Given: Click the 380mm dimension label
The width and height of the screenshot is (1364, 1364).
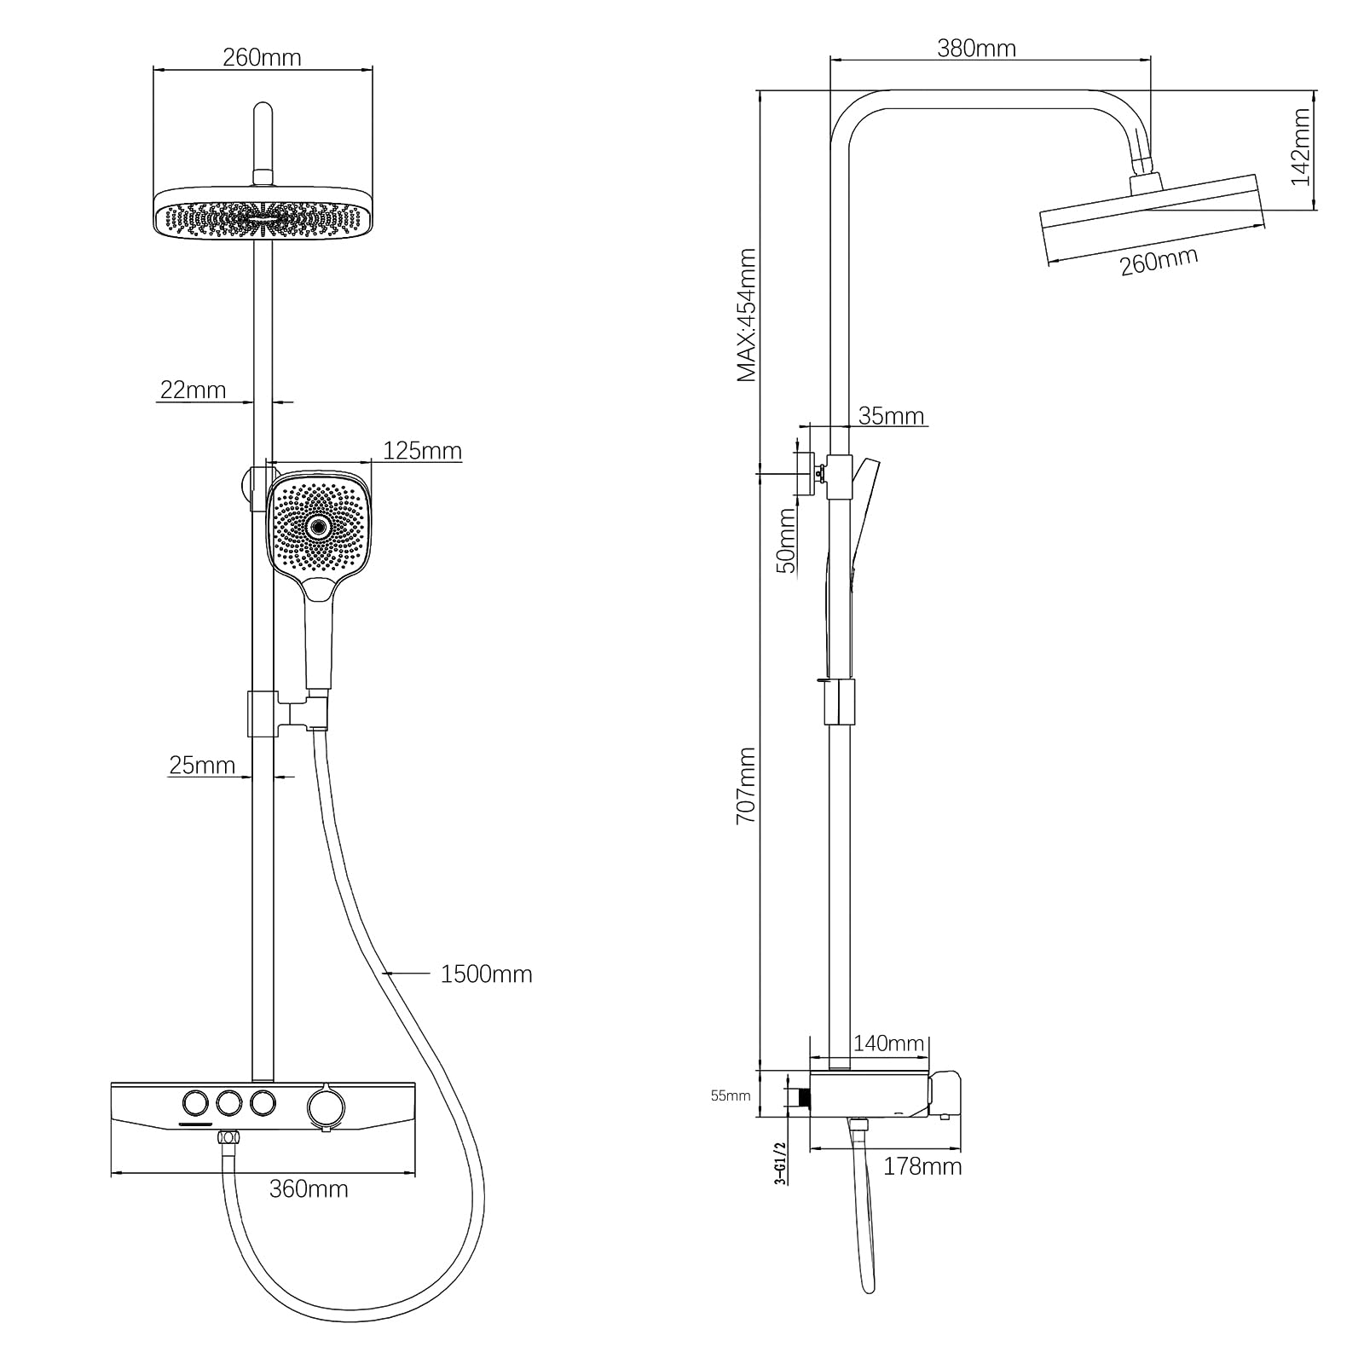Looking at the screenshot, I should click(976, 49).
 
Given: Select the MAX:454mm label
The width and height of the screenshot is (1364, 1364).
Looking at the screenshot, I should click(746, 315).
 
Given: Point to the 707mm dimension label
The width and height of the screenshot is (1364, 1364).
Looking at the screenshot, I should click(746, 784).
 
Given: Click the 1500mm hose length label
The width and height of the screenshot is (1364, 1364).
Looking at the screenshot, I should click(486, 974).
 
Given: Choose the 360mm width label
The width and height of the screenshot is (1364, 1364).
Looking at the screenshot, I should click(309, 1188).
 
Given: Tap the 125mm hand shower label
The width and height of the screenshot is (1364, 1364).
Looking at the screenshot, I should click(422, 450).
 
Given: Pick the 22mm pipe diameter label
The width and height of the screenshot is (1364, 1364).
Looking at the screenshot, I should click(193, 390).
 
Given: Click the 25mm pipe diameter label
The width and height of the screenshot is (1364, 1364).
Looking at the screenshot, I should click(202, 765).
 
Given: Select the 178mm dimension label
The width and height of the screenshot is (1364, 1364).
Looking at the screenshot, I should click(922, 1166).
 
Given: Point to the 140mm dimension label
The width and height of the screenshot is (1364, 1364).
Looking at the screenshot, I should click(888, 1043).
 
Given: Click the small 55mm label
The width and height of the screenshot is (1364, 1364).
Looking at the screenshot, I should click(730, 1095).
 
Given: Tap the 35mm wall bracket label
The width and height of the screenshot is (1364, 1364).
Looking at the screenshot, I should click(891, 416).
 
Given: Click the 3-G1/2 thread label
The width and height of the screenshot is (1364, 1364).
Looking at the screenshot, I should click(778, 1164).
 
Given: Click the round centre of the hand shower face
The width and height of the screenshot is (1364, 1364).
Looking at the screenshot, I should click(320, 527).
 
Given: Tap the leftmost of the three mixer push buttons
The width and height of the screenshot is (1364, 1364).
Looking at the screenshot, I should click(195, 1103).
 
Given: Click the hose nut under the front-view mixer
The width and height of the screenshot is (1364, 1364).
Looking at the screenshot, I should click(228, 1138).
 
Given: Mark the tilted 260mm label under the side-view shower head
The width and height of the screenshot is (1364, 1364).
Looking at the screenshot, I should click(1159, 260).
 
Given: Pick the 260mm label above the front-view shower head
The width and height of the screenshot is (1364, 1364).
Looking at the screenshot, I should click(262, 57).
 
